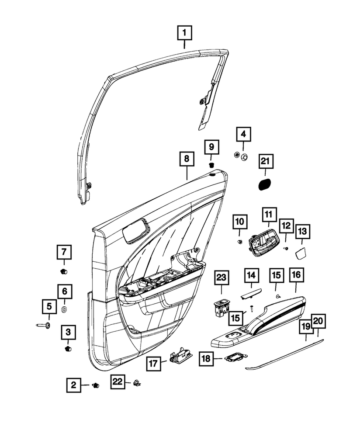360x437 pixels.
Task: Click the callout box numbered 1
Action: tap(184, 33)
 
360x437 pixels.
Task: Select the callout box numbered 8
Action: tap(187, 160)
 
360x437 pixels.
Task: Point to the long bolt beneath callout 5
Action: tap(43, 326)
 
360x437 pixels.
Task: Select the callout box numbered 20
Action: tap(318, 322)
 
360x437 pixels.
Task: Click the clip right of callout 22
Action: tap(137, 384)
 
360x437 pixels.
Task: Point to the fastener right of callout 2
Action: tap(95, 385)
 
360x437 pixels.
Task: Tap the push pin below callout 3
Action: tap(67, 348)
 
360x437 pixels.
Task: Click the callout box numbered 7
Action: tap(63, 252)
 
